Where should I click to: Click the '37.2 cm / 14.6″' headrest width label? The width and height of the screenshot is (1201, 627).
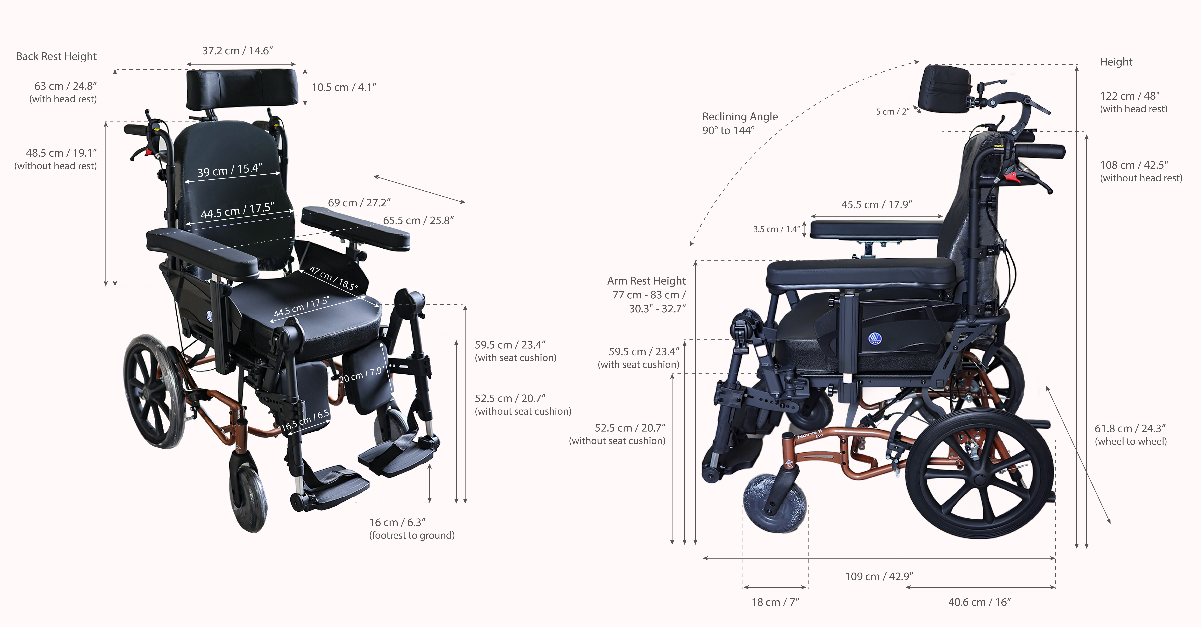click(x=237, y=51)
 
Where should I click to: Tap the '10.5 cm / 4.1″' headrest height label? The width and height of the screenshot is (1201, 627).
click(x=344, y=88)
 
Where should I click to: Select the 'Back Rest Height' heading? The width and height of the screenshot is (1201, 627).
click(x=56, y=56)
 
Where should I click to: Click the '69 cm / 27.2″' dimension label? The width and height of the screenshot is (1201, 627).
click(x=359, y=203)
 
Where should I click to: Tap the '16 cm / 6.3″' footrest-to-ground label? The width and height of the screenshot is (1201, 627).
click(x=397, y=523)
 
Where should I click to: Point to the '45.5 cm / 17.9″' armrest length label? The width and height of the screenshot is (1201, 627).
click(x=877, y=205)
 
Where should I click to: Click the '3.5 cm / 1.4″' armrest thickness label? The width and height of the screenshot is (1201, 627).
click(x=776, y=229)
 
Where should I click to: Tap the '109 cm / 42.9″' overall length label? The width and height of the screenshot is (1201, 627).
click(x=879, y=577)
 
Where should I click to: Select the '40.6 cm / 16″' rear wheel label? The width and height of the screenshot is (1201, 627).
click(x=980, y=602)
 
